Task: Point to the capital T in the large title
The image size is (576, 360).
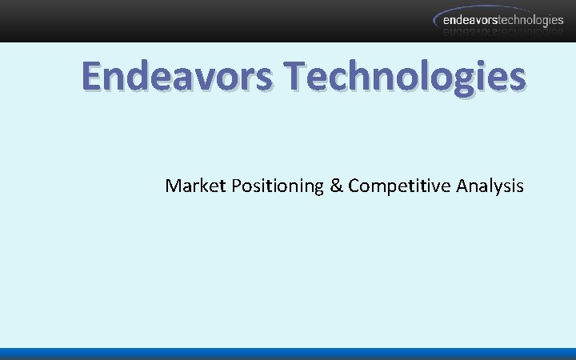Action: (x=295, y=76)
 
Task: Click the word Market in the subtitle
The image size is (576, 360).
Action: (x=195, y=186)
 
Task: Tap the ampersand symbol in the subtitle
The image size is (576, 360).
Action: (x=335, y=186)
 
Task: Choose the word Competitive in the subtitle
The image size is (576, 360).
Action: (x=399, y=186)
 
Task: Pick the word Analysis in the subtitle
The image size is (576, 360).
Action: (x=490, y=186)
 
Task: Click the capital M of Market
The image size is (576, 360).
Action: (x=173, y=186)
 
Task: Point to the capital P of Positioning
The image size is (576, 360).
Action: (x=237, y=186)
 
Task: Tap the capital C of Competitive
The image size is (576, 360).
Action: (x=354, y=186)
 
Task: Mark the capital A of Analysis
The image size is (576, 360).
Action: (x=462, y=186)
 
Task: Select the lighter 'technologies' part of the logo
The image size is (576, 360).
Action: (x=534, y=21)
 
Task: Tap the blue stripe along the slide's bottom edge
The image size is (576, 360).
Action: (x=288, y=354)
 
